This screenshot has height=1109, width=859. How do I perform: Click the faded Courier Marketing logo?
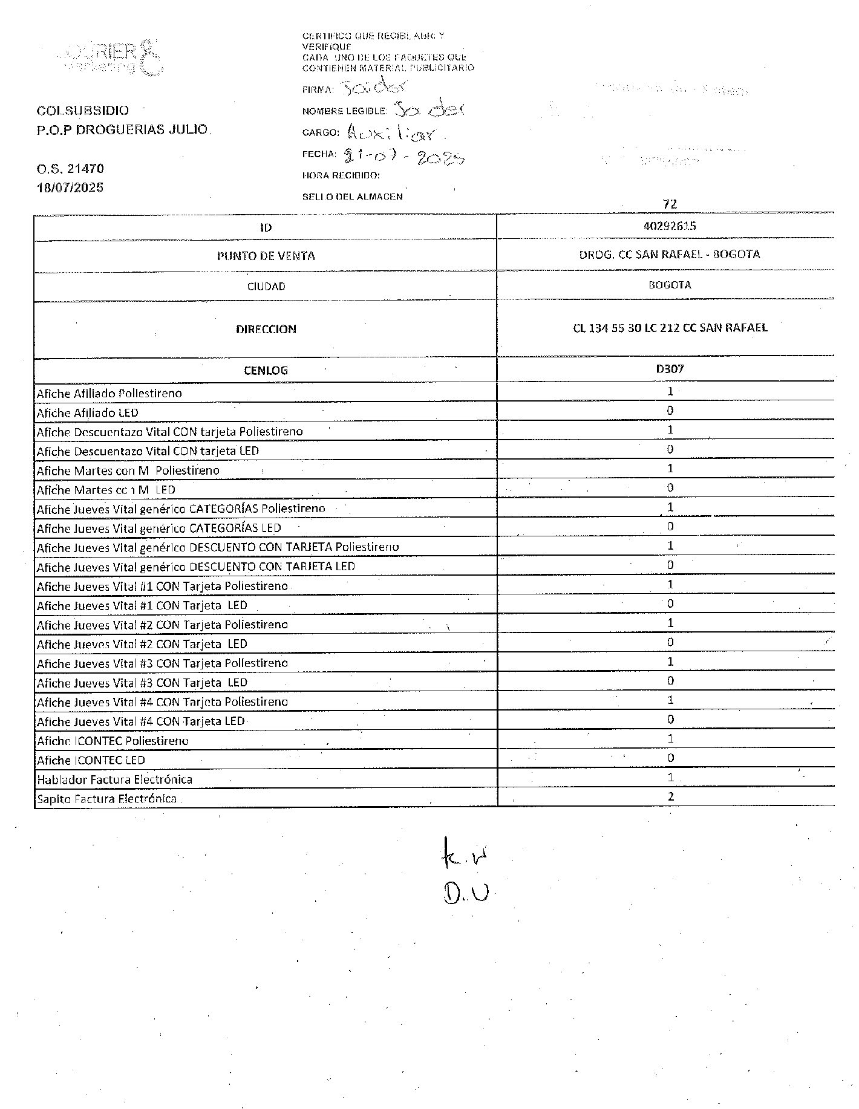tap(112, 57)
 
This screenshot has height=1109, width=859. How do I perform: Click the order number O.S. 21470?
tap(70, 169)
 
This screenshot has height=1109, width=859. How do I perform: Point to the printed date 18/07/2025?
tap(70, 187)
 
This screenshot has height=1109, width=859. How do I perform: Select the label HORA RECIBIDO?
tap(341, 175)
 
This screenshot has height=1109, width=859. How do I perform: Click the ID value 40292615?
tap(670, 226)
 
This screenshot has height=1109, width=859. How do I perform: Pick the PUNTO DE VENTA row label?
tap(266, 256)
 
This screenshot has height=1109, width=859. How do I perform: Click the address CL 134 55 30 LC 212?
tap(670, 328)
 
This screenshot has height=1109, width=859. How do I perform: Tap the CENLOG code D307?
tap(670, 368)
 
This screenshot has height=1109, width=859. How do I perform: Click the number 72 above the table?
tap(670, 204)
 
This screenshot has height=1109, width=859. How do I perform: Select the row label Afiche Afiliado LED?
tap(88, 413)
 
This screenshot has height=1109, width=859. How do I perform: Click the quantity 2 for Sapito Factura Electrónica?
tap(671, 796)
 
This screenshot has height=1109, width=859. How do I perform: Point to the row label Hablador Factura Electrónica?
tap(114, 779)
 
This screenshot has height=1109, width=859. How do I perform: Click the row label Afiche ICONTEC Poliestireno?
tap(113, 741)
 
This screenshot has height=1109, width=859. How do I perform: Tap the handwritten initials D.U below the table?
tap(465, 893)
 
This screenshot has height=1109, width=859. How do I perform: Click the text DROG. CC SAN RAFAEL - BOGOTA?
tap(670, 255)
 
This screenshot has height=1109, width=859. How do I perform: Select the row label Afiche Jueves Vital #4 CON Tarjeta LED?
tap(141, 721)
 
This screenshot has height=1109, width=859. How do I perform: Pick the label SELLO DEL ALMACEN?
tap(352, 197)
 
